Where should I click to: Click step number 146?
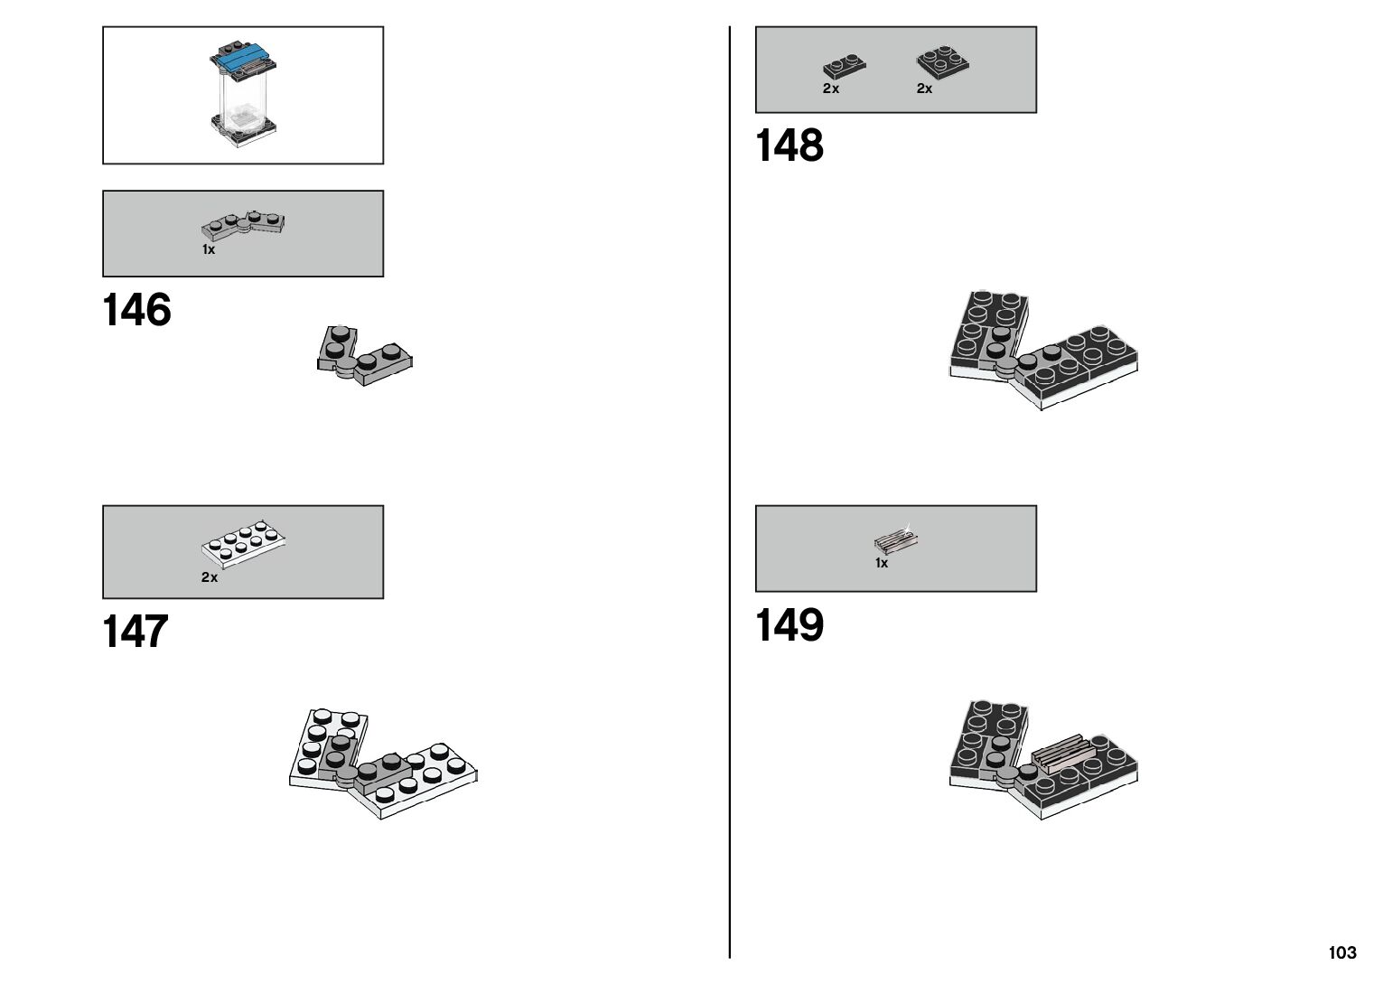click(x=136, y=310)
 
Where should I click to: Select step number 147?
click(x=136, y=632)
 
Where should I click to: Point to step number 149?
click(x=789, y=624)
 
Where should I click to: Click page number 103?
click(x=1341, y=952)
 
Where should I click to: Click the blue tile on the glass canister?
click(x=244, y=59)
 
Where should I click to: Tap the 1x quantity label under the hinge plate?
click(x=209, y=250)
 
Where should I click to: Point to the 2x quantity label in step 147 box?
click(x=210, y=577)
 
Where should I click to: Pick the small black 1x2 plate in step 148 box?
click(x=844, y=67)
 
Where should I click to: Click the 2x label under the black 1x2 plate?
click(x=831, y=89)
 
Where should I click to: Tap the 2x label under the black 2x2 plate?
click(x=924, y=89)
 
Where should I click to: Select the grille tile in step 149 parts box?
click(x=896, y=541)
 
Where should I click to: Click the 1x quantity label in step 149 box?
click(x=882, y=563)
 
